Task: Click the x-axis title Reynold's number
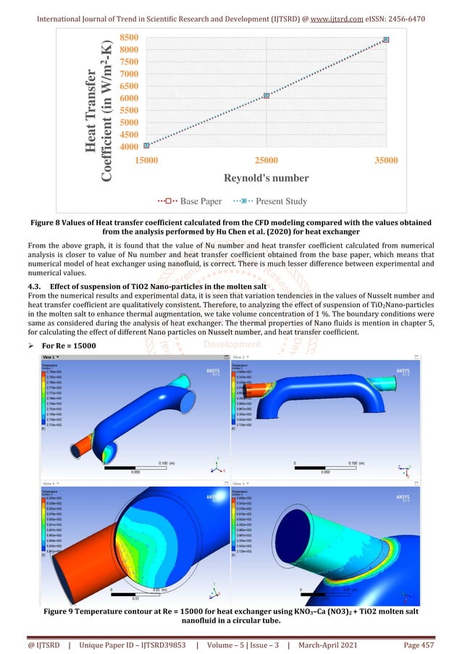[x=266, y=178]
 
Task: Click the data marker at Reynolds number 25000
[x=266, y=96]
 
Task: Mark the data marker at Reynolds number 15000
[x=147, y=146]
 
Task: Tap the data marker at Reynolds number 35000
[x=386, y=39]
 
